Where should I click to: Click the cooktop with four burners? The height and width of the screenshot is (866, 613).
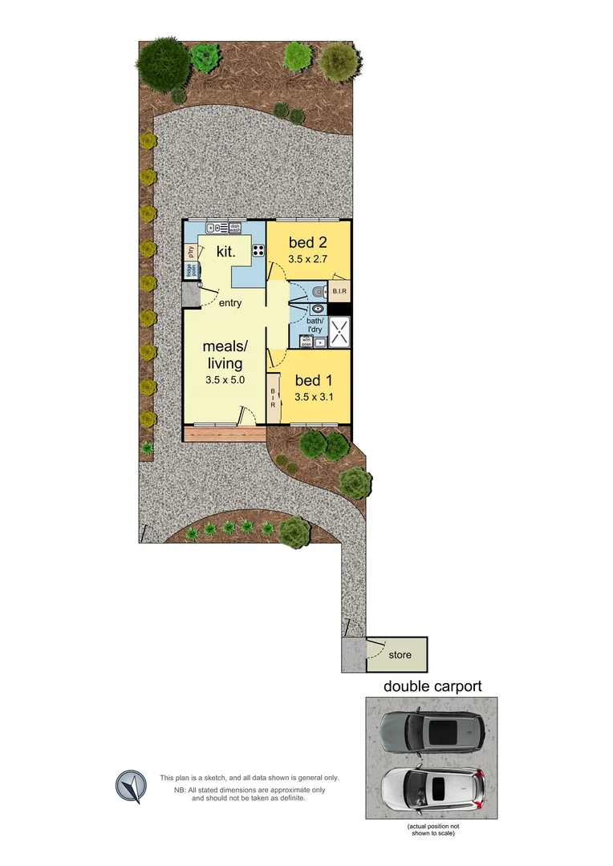point(258,250)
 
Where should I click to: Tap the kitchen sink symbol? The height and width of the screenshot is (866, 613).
point(211,227)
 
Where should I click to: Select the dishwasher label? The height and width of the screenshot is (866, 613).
point(235,227)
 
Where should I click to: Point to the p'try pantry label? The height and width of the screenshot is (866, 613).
point(191,251)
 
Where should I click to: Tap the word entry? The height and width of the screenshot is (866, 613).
point(229,303)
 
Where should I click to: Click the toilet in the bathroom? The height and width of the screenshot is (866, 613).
point(319,291)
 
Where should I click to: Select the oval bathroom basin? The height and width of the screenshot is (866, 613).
point(319,308)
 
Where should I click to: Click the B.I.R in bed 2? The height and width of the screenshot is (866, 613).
point(339,291)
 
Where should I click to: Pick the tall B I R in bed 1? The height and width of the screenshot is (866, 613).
point(273,399)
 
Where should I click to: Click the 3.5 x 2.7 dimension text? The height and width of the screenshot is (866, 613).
point(309,260)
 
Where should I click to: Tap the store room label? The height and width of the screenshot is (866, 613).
point(400,655)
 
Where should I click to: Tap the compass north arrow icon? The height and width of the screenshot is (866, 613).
point(131,786)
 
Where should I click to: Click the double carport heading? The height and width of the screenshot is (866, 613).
point(432,686)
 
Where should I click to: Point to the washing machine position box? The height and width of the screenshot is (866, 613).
point(306,341)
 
